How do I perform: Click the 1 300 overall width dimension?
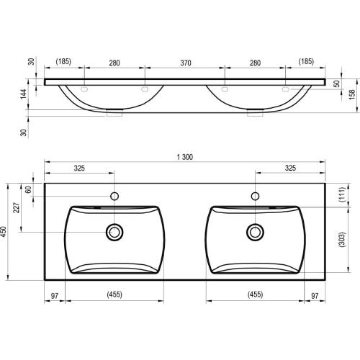coord(185,157)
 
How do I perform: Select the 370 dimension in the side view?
coord(186,63)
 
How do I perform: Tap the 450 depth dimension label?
coord(4,232)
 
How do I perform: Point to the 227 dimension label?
coord(17,207)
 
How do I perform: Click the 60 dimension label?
coord(28,189)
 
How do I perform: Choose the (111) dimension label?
coord(343,194)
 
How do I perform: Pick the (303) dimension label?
coord(342,239)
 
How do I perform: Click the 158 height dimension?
coord(352,94)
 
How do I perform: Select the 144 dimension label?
coord(23,94)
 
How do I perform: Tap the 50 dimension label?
coord(337,84)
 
